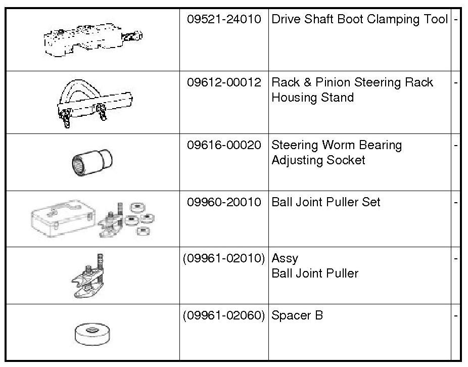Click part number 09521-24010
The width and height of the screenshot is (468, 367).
click(x=224, y=20)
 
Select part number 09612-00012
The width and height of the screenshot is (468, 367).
click(x=224, y=82)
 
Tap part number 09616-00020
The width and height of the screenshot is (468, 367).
click(x=224, y=146)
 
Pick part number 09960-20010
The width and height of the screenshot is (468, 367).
click(x=224, y=202)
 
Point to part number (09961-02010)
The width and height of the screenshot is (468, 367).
click(x=224, y=258)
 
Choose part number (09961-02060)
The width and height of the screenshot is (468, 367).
click(x=224, y=315)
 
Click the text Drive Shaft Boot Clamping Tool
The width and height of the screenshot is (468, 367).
click(x=359, y=20)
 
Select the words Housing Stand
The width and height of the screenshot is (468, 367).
click(x=312, y=98)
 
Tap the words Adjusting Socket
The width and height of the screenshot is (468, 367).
click(x=318, y=161)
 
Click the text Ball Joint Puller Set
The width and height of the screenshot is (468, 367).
click(x=326, y=202)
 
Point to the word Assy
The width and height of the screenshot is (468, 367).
click(x=285, y=259)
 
